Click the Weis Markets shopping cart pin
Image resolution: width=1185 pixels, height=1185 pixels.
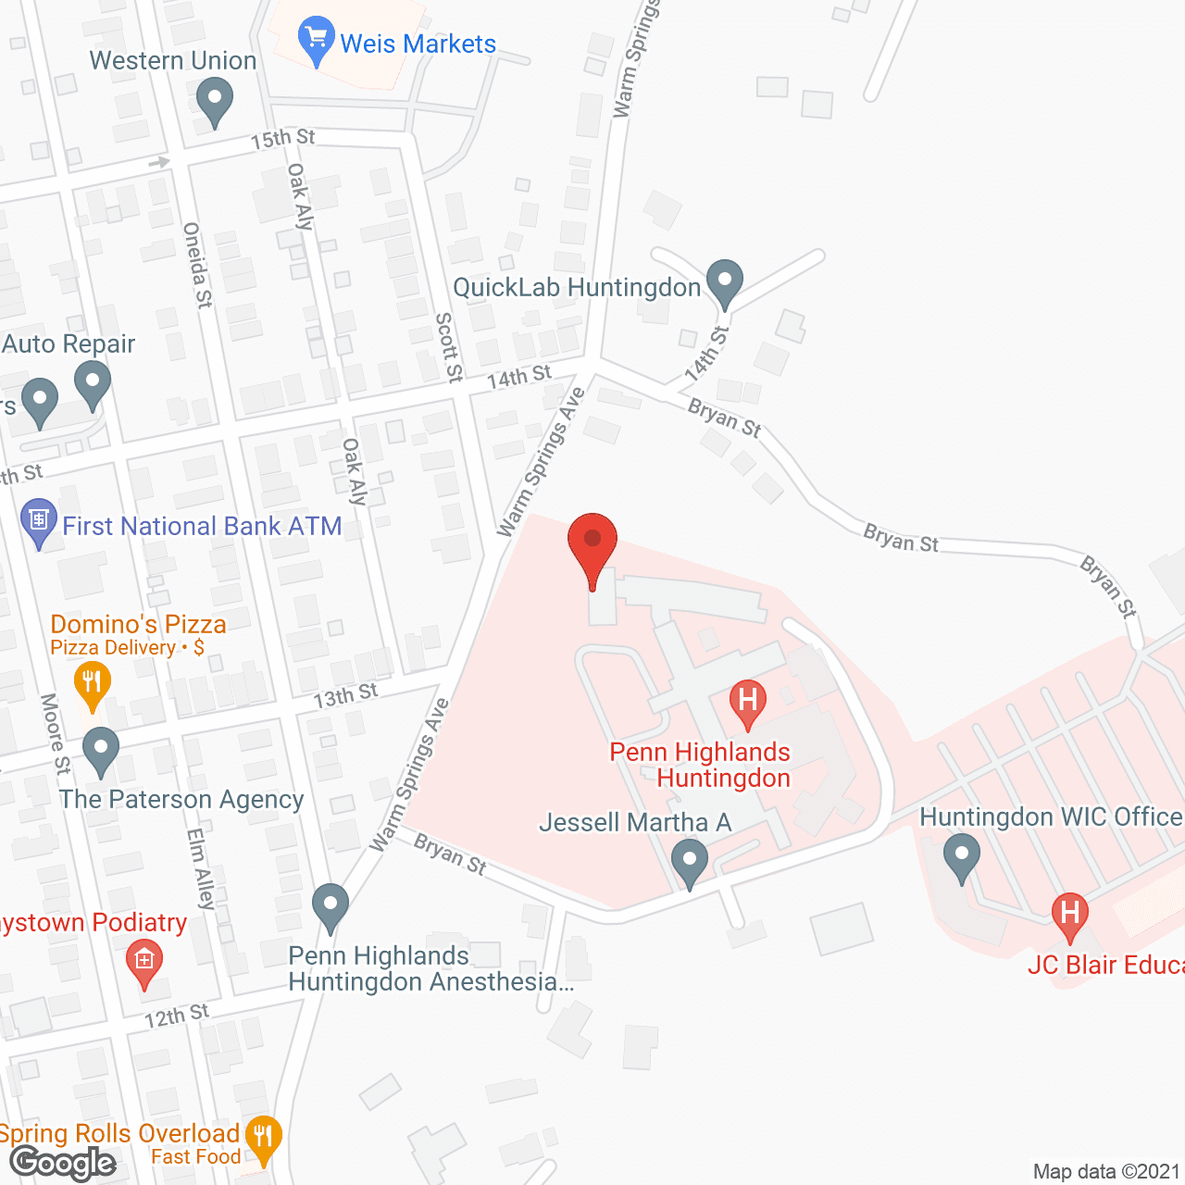(316, 40)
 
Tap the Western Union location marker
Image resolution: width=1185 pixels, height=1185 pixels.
(215, 100)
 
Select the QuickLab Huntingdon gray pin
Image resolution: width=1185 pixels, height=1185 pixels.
(725, 281)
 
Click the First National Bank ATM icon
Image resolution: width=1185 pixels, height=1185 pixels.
(39, 522)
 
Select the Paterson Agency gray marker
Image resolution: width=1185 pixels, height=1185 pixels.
(101, 751)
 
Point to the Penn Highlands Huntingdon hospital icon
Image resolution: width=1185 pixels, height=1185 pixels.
(748, 703)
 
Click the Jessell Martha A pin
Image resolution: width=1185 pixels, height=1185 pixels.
(689, 862)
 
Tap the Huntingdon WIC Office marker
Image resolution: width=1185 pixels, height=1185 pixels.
(962, 856)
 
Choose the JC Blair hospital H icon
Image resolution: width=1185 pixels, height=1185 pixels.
(1069, 914)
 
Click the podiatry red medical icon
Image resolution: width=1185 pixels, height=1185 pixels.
(143, 962)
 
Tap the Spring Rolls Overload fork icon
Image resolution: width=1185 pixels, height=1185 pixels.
(265, 1138)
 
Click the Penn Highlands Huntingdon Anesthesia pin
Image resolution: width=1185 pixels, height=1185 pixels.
(331, 906)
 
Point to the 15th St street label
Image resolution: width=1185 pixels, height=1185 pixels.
(282, 139)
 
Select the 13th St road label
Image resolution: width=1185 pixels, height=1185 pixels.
(345, 695)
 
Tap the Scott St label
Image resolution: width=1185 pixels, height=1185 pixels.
(448, 347)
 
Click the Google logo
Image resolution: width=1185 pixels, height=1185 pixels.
(63, 1163)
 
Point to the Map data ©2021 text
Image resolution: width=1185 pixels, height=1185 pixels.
(1106, 1172)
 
